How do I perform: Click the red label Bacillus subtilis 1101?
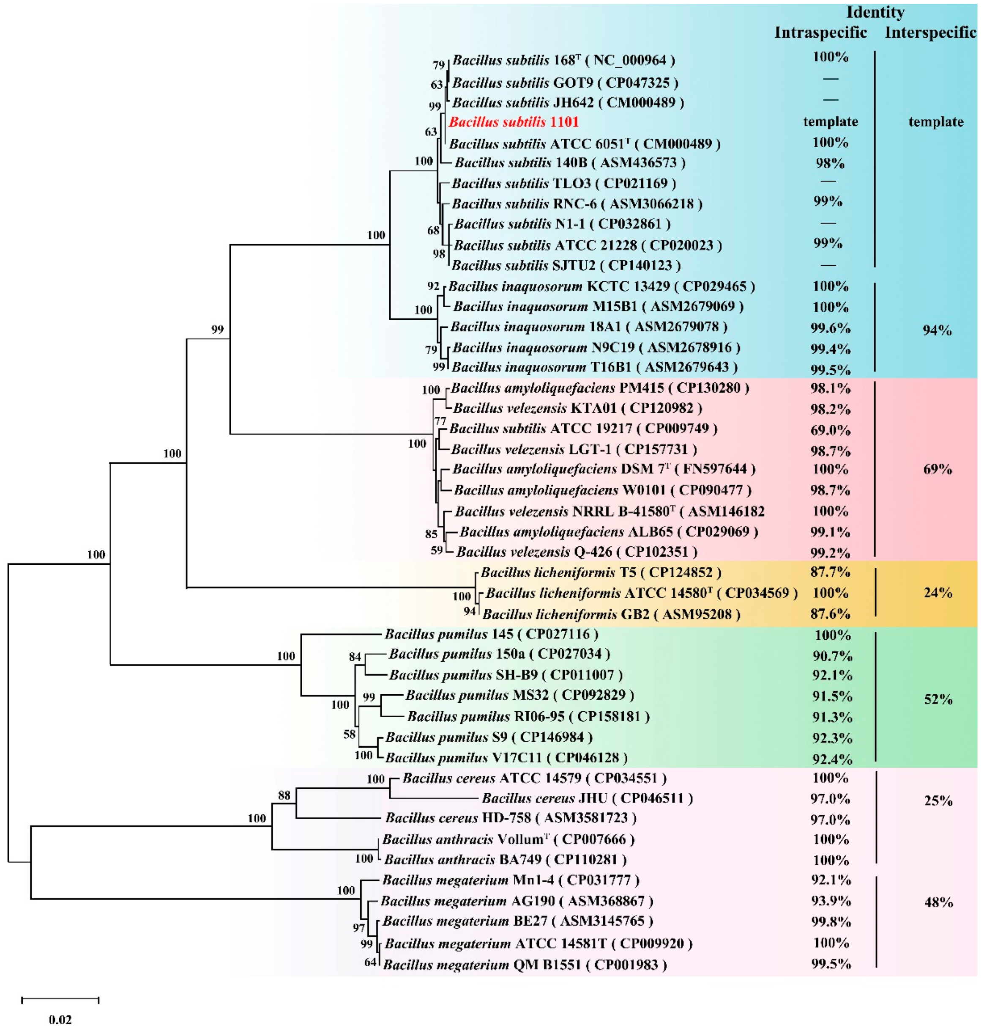coord(514,122)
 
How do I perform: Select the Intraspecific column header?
coord(820,33)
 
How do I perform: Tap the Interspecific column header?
coord(930,33)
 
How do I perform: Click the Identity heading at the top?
coord(875,12)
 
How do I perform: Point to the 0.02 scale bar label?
coord(60,1019)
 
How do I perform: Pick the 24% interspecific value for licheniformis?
coord(938,593)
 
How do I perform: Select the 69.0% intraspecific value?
coord(830,430)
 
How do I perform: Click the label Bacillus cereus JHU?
coord(587,798)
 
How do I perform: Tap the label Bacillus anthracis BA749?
coord(505,859)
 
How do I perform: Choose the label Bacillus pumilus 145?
coord(491,634)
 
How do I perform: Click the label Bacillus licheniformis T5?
coord(600,572)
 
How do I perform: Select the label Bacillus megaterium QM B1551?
coord(525,964)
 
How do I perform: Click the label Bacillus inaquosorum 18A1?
coord(588,327)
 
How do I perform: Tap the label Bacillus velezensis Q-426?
coord(577,552)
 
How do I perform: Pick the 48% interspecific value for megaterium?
coord(938,902)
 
